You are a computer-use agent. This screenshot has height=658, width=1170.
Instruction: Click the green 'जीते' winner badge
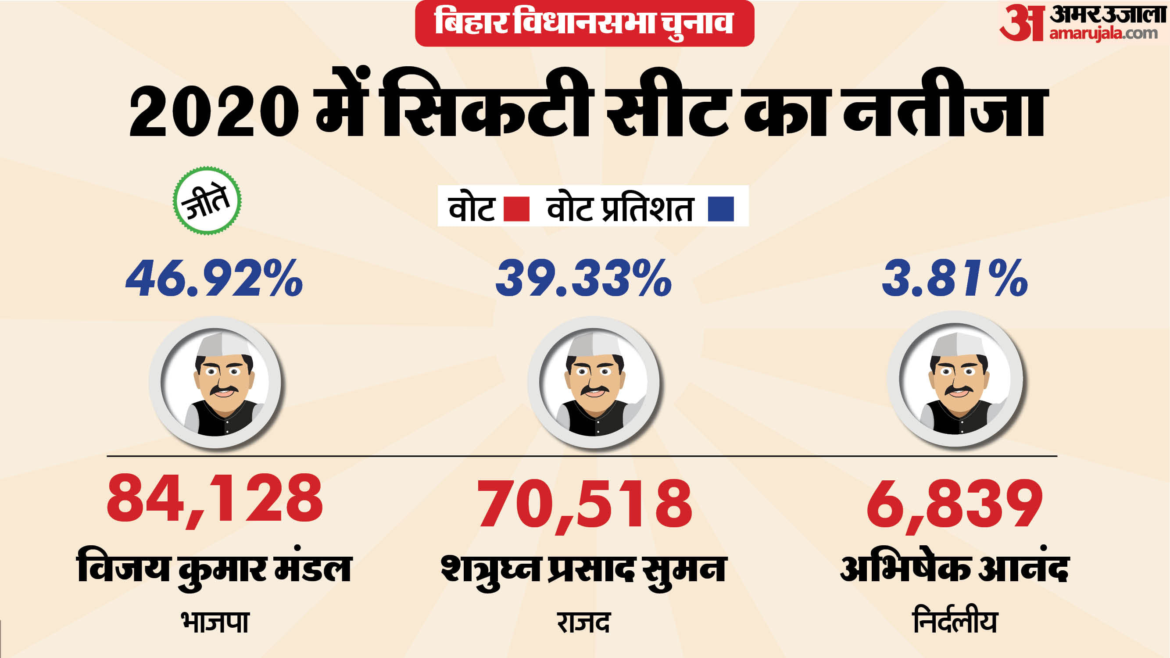(207, 201)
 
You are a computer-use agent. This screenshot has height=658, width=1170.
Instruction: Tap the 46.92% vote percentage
(214, 278)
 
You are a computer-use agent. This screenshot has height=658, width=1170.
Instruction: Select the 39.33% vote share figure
(583, 278)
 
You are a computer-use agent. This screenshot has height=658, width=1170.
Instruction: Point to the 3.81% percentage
(954, 278)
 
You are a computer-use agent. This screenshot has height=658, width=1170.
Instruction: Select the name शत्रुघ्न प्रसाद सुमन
(584, 570)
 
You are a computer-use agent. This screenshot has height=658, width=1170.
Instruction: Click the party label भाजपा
(215, 622)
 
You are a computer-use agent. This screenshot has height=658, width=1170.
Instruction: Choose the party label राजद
(583, 622)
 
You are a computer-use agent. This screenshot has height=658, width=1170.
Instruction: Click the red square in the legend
(516, 209)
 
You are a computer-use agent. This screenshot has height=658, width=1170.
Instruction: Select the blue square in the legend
(721, 209)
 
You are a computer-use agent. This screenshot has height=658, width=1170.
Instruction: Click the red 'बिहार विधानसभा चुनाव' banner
(584, 23)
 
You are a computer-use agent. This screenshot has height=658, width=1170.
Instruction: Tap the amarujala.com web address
(1103, 34)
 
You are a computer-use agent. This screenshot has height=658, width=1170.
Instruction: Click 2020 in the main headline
(214, 111)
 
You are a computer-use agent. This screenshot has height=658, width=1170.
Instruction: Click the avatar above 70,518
(593, 383)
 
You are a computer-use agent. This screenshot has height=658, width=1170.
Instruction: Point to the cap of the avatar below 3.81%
(957, 345)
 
